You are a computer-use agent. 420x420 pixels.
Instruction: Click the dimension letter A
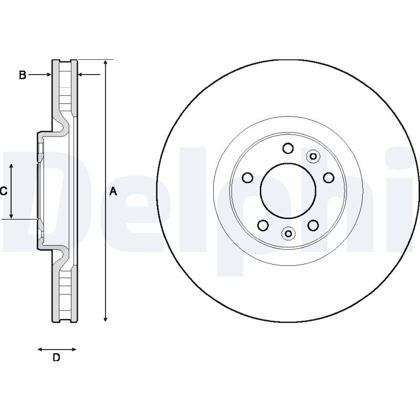click(x=113, y=192)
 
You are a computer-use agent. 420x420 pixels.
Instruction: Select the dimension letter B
click(x=23, y=75)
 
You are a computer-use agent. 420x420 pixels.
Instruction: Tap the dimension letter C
click(x=3, y=192)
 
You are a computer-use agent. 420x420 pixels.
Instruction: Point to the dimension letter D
click(x=56, y=358)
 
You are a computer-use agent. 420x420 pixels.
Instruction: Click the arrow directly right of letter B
click(x=40, y=75)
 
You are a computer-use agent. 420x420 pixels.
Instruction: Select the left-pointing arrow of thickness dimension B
click(x=89, y=75)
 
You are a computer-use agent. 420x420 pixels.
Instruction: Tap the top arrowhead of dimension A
click(x=106, y=64)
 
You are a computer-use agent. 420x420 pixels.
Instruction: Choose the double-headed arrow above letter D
click(x=57, y=349)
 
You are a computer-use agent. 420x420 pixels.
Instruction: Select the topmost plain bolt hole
click(x=288, y=149)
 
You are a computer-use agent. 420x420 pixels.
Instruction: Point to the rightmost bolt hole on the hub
click(x=329, y=177)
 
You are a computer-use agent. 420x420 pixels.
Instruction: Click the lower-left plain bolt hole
click(x=263, y=225)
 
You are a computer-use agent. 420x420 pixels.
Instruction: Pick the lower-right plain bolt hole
click(x=313, y=225)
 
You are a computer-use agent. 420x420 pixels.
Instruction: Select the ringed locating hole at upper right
click(x=313, y=156)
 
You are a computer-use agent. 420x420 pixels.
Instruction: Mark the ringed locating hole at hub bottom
click(x=288, y=233)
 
